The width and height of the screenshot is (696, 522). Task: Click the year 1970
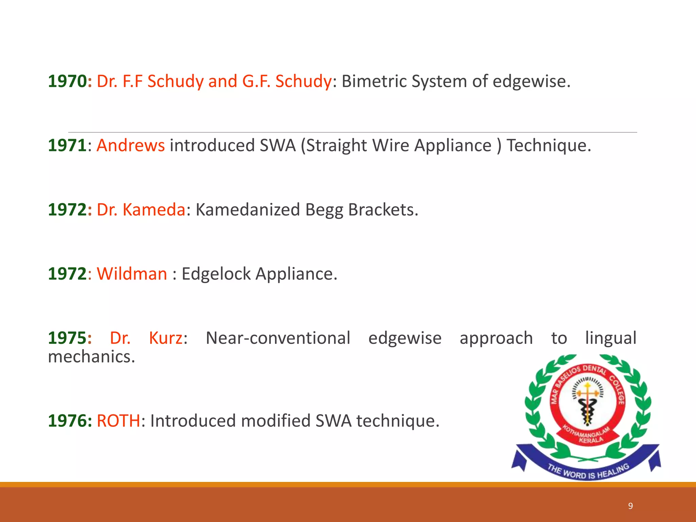(67, 82)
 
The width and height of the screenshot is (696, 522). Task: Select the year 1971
(67, 146)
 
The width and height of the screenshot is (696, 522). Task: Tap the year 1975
(67, 338)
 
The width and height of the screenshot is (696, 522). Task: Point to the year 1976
(67, 421)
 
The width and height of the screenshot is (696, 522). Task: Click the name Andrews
(131, 146)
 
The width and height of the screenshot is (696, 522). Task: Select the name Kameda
(154, 210)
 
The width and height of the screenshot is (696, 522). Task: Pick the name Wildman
(132, 274)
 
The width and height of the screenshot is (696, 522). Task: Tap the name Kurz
(166, 338)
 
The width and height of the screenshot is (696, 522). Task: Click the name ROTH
(118, 421)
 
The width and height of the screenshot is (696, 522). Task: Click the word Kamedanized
(248, 210)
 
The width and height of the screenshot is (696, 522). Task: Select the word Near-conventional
(278, 338)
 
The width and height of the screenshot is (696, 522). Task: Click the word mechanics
(91, 357)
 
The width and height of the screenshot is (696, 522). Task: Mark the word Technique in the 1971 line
(549, 146)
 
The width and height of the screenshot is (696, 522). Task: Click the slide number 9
(630, 506)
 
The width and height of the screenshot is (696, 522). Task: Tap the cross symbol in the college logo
(588, 394)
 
